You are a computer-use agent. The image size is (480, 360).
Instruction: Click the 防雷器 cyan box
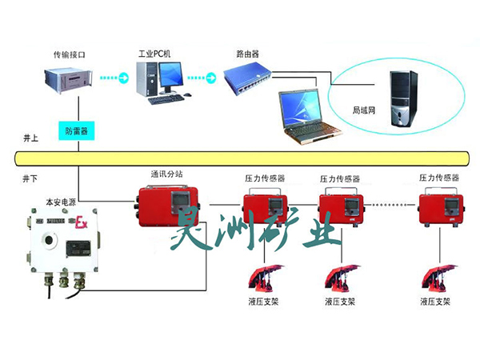coord(76,128)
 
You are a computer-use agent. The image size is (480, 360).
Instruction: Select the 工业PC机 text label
coord(155,53)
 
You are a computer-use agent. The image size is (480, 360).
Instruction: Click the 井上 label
coord(30,138)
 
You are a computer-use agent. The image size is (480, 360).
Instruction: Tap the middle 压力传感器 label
coord(340,178)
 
